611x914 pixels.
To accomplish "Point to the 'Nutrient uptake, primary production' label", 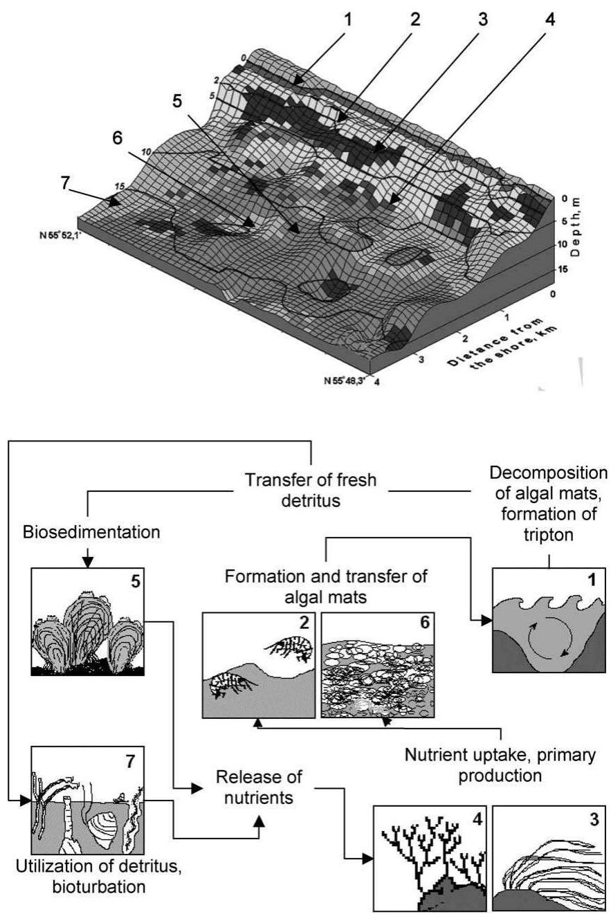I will click(x=499, y=765).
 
